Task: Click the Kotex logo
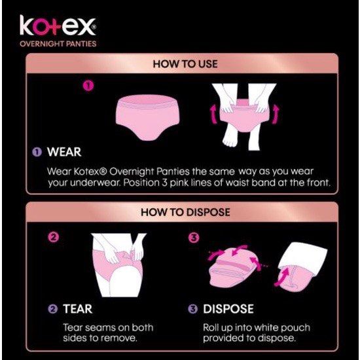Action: point(58,28)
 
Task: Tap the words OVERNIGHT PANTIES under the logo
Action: point(58,44)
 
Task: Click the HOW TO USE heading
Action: point(185,64)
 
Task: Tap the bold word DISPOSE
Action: point(228,308)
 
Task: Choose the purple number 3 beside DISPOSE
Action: point(193,309)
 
